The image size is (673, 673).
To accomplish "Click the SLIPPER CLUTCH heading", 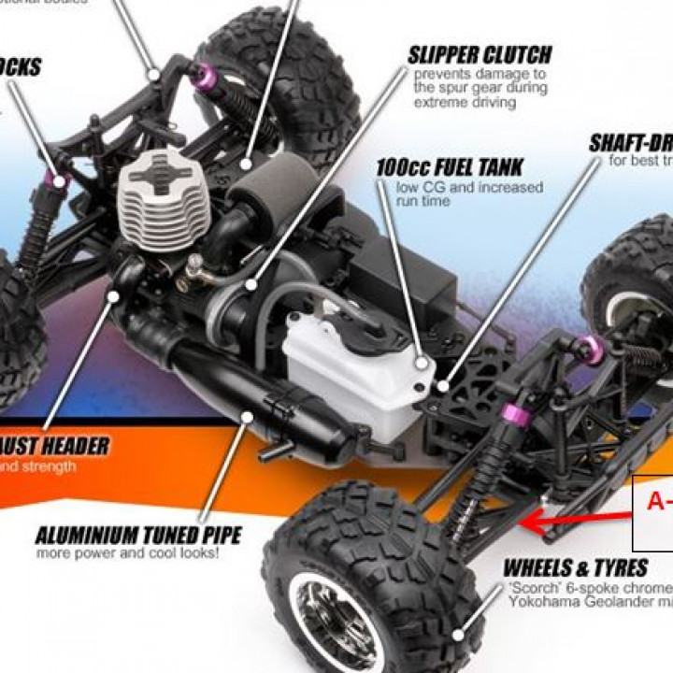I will [480, 54].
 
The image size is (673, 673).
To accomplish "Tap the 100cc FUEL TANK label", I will [449, 168].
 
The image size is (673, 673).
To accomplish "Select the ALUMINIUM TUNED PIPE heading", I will [138, 536].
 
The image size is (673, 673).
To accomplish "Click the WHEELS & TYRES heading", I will [575, 567].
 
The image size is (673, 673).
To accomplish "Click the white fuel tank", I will [351, 374].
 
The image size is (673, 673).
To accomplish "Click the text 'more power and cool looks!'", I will [128, 553].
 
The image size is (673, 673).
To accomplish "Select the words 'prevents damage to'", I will [480, 74].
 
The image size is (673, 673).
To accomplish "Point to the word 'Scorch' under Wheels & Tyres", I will [532, 588].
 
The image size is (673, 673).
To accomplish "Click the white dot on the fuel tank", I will [422, 362].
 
